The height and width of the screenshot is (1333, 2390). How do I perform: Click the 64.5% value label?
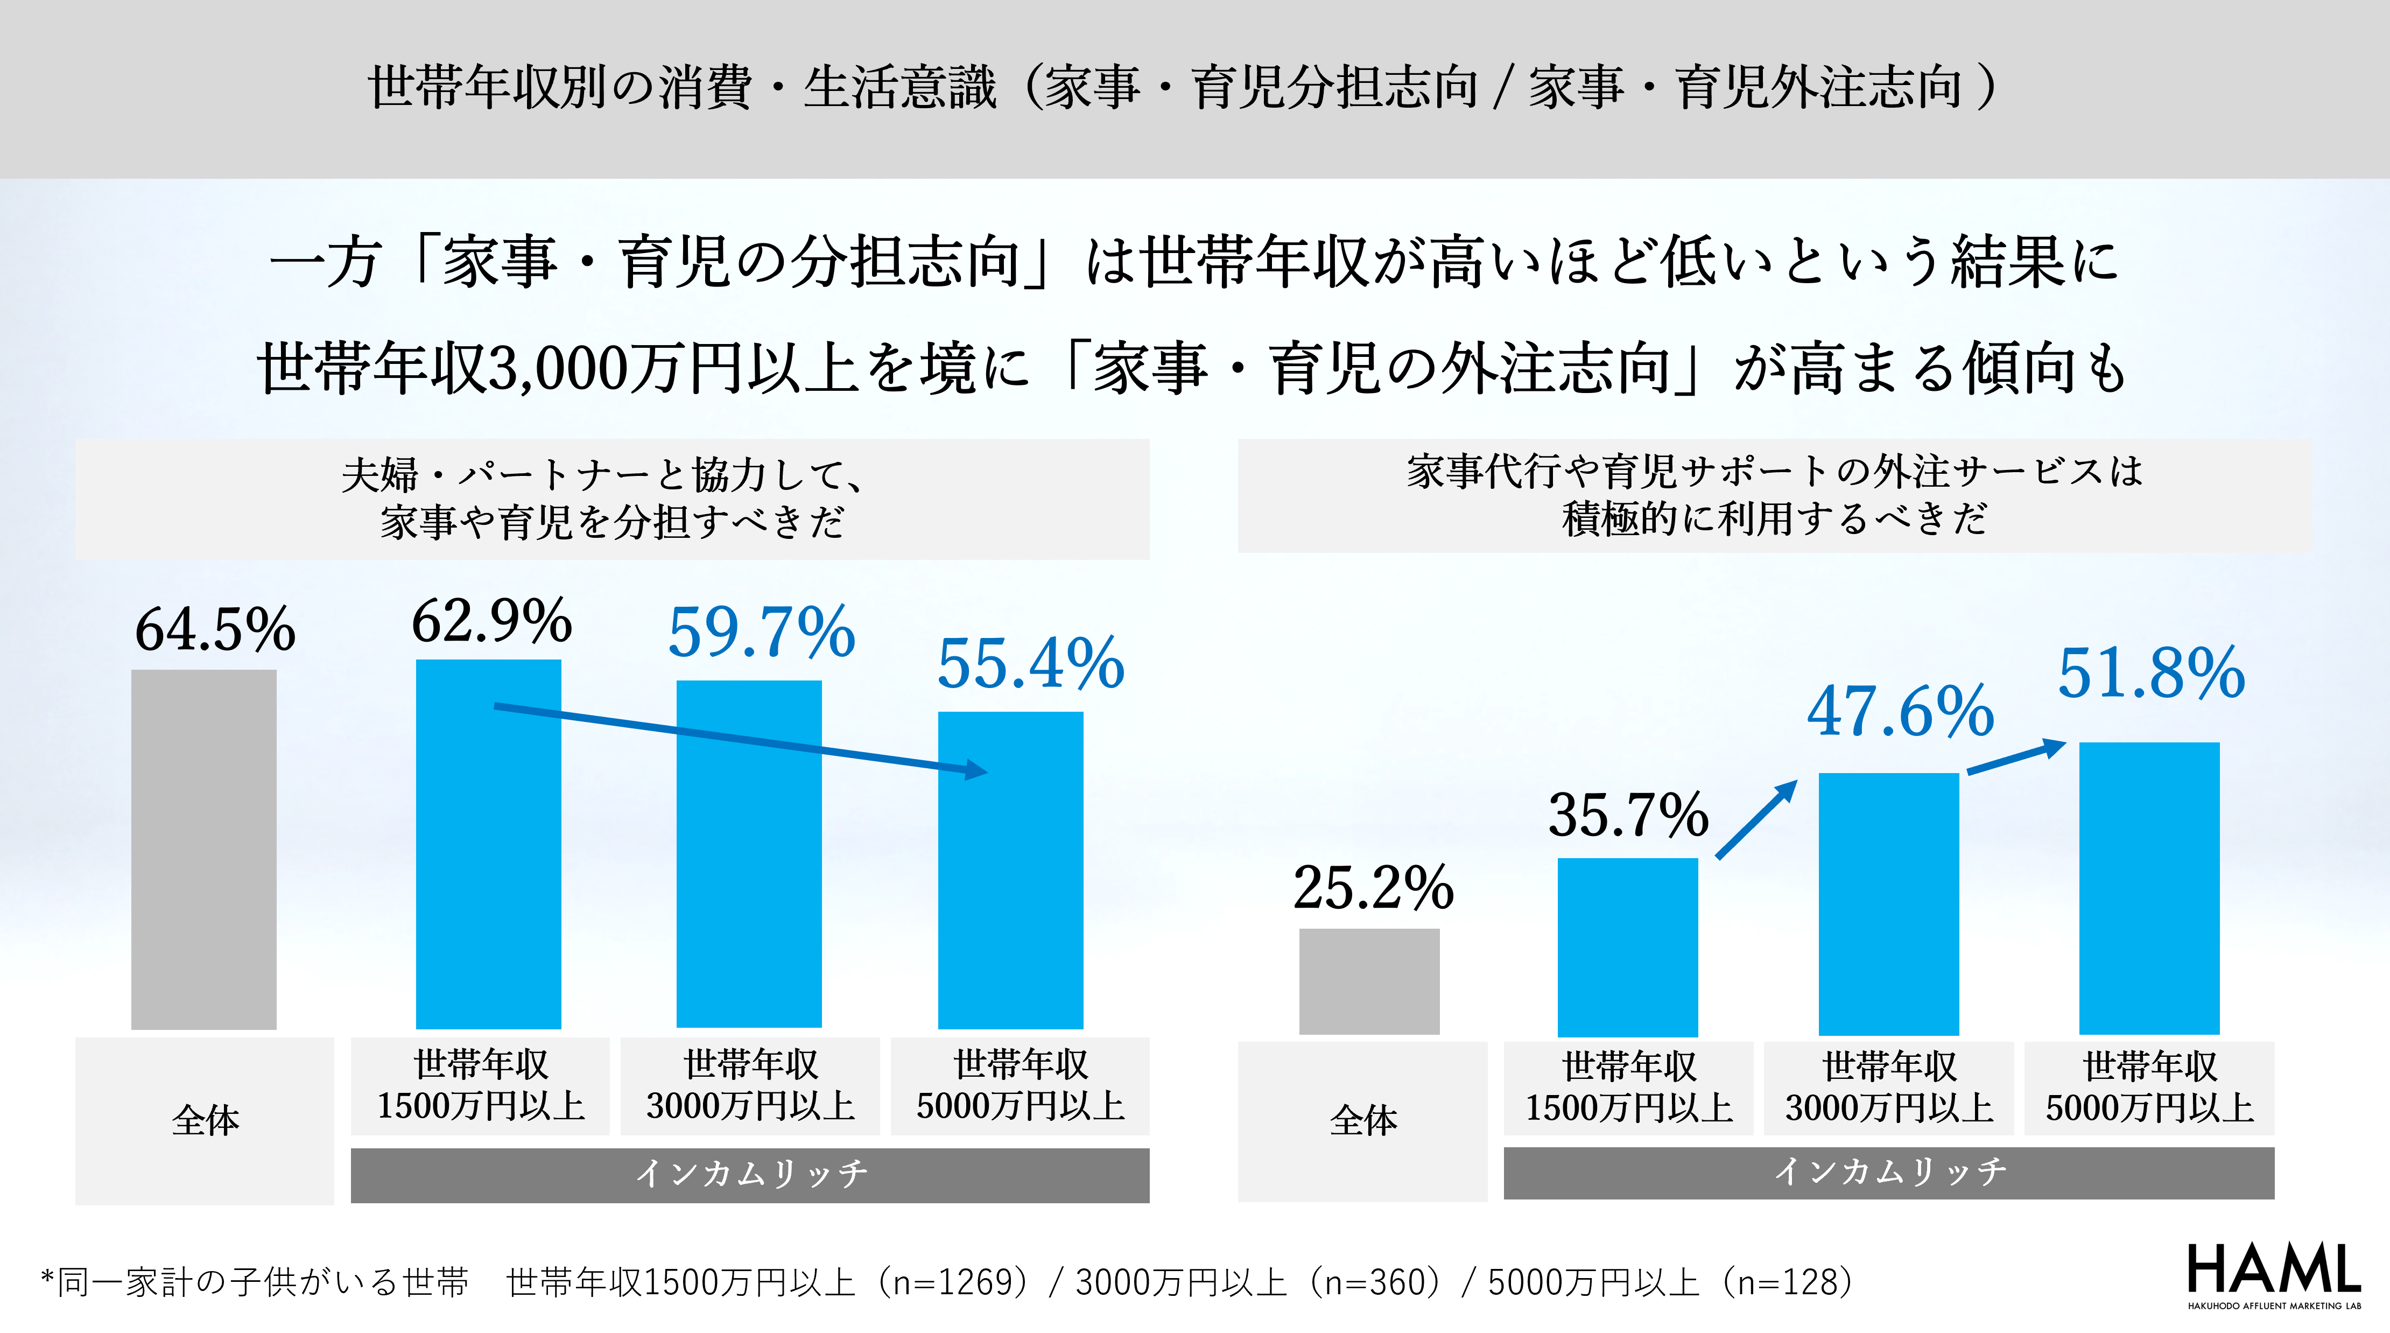tap(215, 630)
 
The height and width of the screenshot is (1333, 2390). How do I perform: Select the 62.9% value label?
tap(492, 621)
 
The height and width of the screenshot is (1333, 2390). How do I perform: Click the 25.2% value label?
tap(1373, 888)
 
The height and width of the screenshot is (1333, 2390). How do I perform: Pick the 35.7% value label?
tap(1628, 815)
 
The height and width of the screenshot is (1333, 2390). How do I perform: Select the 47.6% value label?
tap(1900, 712)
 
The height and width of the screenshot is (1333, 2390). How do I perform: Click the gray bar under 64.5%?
tap(204, 849)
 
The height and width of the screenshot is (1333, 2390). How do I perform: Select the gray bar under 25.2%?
tap(1368, 981)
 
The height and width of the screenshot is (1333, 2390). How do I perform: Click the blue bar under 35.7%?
tap(1627, 946)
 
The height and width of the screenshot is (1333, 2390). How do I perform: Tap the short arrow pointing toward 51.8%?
tap(2016, 757)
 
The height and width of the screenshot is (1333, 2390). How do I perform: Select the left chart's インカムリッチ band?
tap(750, 1174)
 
